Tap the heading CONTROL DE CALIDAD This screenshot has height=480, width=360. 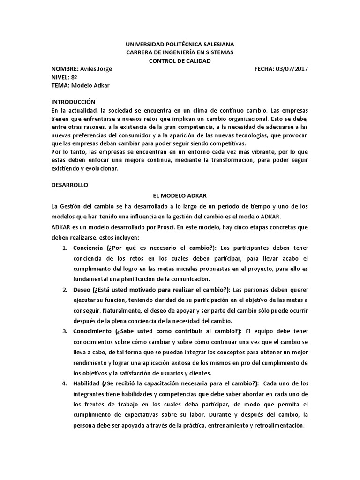(180, 61)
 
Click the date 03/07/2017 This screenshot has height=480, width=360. (292, 69)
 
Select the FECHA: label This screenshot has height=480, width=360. (264, 69)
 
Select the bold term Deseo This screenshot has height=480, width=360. (82, 289)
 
